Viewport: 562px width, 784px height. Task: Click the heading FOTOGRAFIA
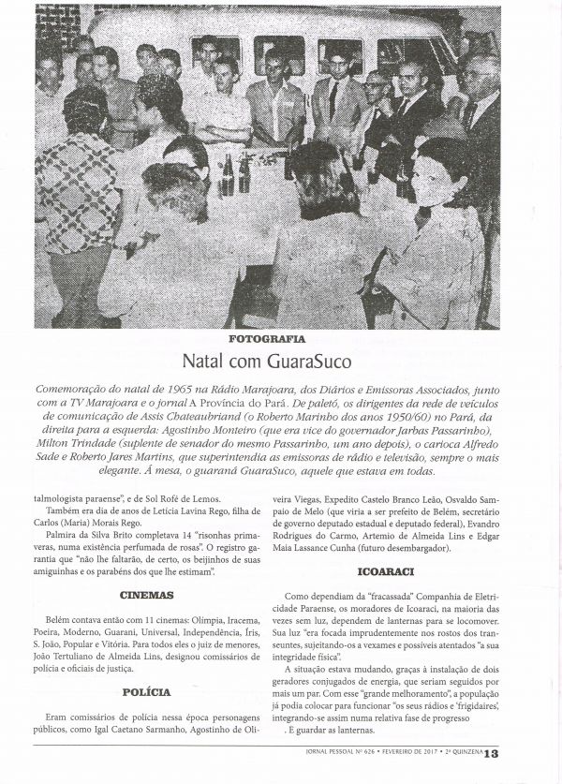tap(281, 339)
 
